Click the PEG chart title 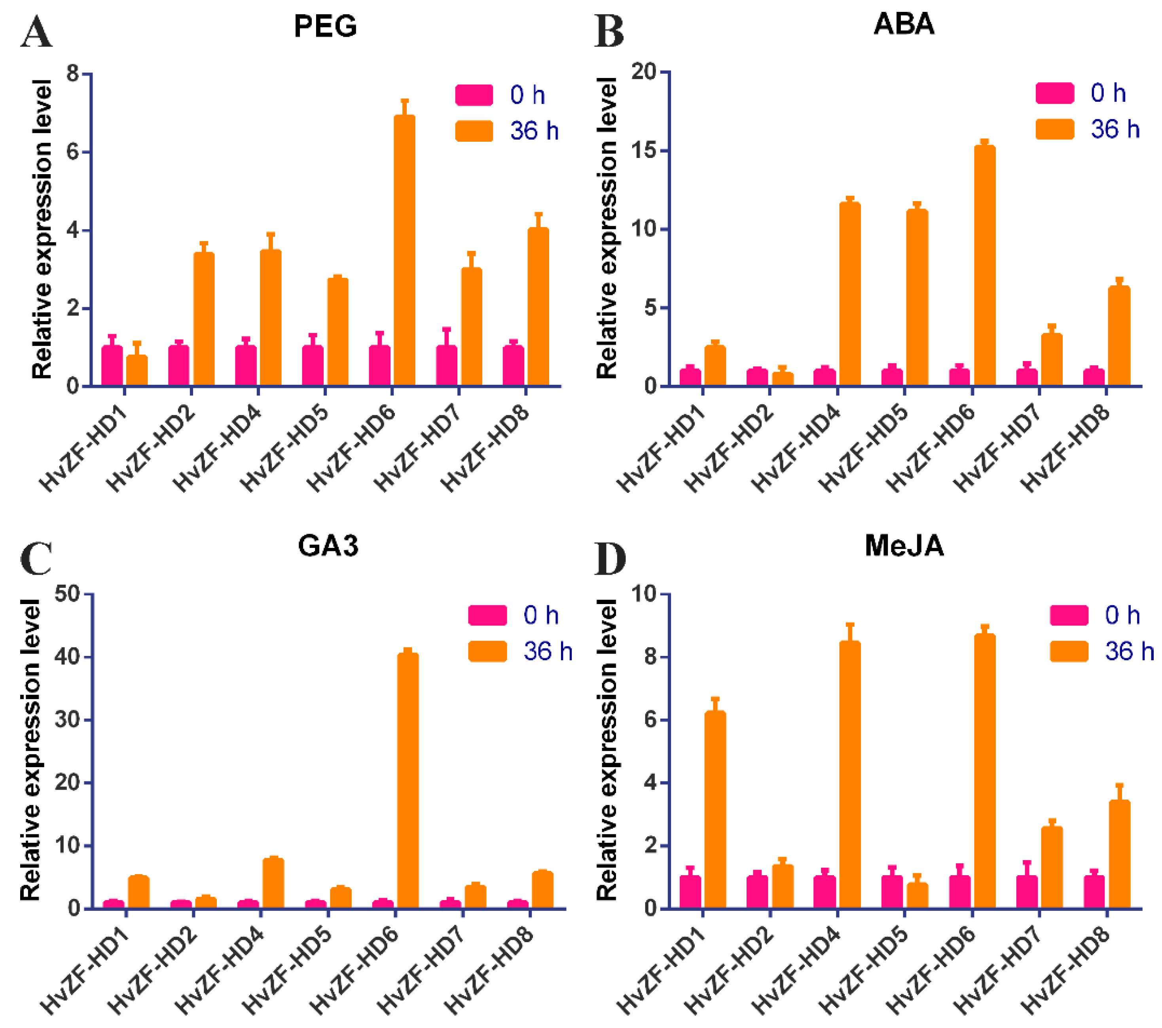pyautogui.click(x=325, y=26)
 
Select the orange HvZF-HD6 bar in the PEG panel pyautogui.click(x=404, y=250)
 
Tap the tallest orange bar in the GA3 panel pyautogui.click(x=408, y=779)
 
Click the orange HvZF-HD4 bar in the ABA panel pyautogui.click(x=849, y=293)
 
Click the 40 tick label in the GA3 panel pyautogui.click(x=66, y=657)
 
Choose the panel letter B pyautogui.click(x=609, y=32)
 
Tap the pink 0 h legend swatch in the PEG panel pyautogui.click(x=474, y=95)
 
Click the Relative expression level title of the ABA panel pyautogui.click(x=607, y=228)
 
